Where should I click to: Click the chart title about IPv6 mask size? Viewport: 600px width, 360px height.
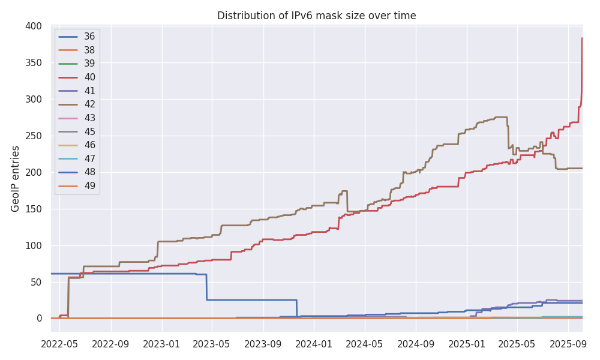click(x=316, y=16)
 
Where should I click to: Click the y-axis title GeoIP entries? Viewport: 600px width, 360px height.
click(x=16, y=178)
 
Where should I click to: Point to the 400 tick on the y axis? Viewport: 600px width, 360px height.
click(x=34, y=26)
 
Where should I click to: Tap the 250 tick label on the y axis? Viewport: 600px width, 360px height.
click(x=34, y=136)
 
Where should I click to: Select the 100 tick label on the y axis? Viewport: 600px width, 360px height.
click(x=34, y=245)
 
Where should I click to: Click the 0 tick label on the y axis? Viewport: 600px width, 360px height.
click(x=38, y=319)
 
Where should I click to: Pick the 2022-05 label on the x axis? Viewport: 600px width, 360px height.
click(x=60, y=344)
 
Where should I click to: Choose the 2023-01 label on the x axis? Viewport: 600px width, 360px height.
click(x=162, y=344)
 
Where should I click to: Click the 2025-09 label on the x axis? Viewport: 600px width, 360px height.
click(x=568, y=344)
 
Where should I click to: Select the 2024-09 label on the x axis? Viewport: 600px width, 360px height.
click(x=416, y=344)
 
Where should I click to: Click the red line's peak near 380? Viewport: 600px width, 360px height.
click(x=582, y=39)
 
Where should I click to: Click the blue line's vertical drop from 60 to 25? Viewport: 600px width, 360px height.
click(x=206, y=287)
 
